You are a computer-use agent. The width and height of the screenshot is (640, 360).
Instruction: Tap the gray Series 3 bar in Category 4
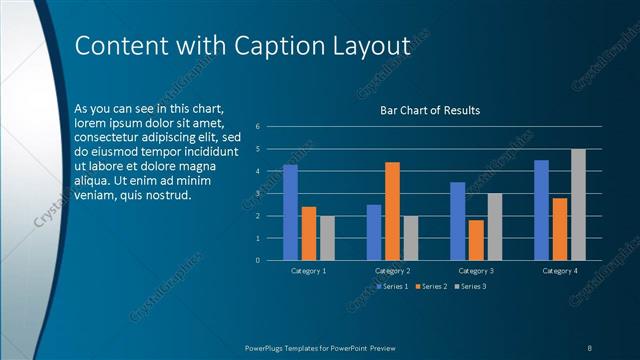[x=578, y=205]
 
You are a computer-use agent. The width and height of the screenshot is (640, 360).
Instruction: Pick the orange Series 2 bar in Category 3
[x=476, y=240]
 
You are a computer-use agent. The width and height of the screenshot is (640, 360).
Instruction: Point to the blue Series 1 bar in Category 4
[x=541, y=210]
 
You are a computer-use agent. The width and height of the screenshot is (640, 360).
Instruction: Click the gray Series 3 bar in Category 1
[x=327, y=238]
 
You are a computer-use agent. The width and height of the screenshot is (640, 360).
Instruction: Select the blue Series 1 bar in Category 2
[x=374, y=232]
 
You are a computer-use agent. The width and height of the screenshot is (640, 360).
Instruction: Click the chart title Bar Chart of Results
[x=430, y=110]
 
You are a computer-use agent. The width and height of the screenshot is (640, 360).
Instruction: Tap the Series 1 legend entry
[x=391, y=286]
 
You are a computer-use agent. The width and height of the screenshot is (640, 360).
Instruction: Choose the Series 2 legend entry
[x=430, y=286]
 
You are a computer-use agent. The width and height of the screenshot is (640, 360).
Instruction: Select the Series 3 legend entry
[x=470, y=286]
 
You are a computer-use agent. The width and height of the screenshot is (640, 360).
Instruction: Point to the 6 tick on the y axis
[x=258, y=127]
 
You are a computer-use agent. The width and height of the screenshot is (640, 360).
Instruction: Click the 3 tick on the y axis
[x=258, y=194]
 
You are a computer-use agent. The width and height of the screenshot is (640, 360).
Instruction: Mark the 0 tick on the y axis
[x=258, y=261]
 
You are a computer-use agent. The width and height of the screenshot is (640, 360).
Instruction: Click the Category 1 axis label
[x=308, y=271]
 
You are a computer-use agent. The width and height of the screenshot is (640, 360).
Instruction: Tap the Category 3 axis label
[x=476, y=271]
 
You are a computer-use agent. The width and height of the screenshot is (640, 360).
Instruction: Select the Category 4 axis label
[x=560, y=271]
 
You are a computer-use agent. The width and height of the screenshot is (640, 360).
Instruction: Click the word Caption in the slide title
[x=277, y=47]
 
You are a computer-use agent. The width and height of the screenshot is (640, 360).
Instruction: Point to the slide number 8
[x=589, y=347]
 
